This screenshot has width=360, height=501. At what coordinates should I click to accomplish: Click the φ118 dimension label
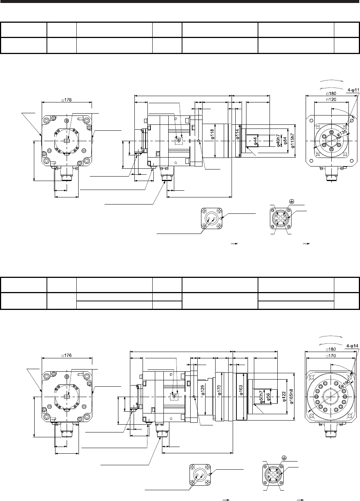click(213, 134)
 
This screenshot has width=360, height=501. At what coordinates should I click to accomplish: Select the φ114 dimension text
click(238, 134)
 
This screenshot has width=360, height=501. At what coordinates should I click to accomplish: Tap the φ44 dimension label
click(255, 141)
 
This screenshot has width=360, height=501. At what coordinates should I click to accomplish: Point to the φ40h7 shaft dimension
click(278, 141)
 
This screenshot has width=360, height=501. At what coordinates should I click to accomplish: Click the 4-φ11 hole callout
click(353, 90)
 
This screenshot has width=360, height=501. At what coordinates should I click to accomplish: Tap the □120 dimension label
click(331, 99)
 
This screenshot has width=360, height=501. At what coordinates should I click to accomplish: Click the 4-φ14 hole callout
click(353, 346)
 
